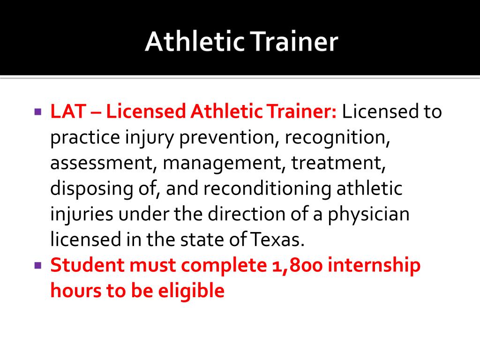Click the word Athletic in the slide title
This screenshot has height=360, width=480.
195,43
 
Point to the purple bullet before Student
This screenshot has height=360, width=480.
38,265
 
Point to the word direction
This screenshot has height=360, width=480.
244,214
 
